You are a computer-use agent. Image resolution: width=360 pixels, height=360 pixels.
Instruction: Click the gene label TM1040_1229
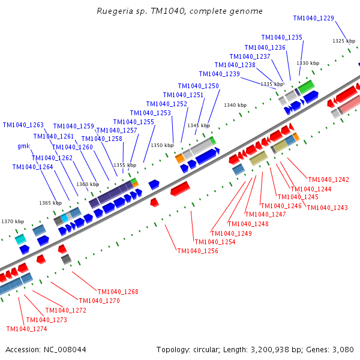click(x=314, y=19)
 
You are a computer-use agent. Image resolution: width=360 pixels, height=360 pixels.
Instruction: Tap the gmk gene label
click(x=23, y=146)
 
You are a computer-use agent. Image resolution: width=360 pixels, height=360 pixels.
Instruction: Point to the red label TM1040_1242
click(x=328, y=180)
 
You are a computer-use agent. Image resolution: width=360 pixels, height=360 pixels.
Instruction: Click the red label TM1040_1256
click(x=197, y=251)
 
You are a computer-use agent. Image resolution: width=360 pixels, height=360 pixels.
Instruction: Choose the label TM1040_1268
click(x=118, y=292)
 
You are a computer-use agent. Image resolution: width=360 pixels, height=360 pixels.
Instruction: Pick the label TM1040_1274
click(x=26, y=329)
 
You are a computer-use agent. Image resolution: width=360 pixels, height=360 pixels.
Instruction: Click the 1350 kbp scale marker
click(x=161, y=145)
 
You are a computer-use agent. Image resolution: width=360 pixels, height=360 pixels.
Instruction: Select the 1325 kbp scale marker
click(x=343, y=41)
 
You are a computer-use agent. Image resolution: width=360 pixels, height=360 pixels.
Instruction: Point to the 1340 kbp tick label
click(x=235, y=105)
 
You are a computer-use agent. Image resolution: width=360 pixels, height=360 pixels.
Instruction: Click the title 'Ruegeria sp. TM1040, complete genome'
click(x=179, y=11)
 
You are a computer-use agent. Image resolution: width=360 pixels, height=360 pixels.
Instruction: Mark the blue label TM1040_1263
click(x=23, y=125)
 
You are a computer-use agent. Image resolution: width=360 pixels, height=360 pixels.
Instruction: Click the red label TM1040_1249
click(x=231, y=233)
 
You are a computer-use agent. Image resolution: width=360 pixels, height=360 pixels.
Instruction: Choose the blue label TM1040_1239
click(x=220, y=74)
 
